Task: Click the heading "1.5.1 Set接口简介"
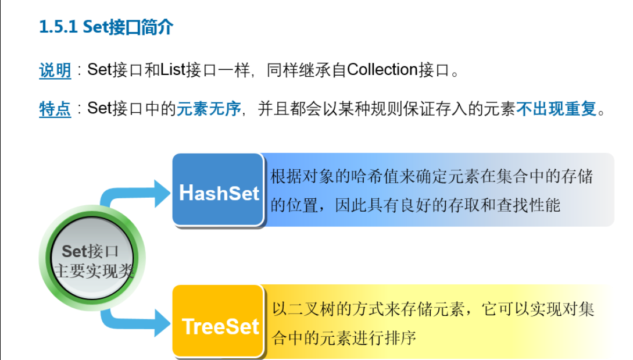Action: coord(106,27)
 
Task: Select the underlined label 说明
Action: coord(55,70)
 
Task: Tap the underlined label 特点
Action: coord(55,109)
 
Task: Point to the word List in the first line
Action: coord(173,70)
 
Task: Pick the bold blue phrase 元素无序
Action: coord(209,109)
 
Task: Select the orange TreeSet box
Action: coord(219,323)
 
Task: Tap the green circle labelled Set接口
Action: coord(91,259)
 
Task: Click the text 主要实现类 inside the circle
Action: coord(93,270)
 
